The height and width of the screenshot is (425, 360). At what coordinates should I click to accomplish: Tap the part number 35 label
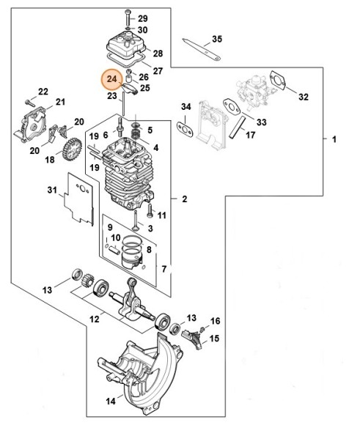pyautogui.click(x=216, y=39)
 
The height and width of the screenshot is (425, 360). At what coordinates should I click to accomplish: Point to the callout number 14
pyautogui.click(x=111, y=402)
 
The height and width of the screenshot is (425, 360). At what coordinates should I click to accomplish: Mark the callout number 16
pyautogui.click(x=216, y=321)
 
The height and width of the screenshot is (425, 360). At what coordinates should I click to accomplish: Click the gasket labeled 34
pyautogui.click(x=186, y=127)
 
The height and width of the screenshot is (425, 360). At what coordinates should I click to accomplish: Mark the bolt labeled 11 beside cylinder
pyautogui.click(x=150, y=214)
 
